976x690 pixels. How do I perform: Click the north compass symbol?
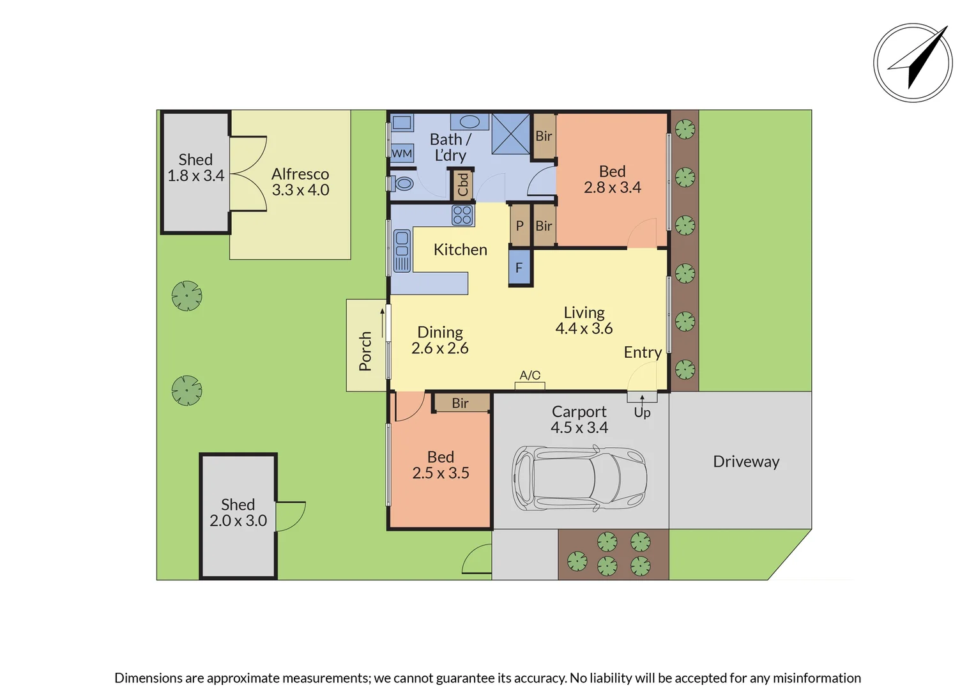point(913,63)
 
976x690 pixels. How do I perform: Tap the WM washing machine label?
point(402,153)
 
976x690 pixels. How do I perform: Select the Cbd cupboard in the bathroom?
point(462,185)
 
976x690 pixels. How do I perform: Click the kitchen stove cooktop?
point(462,215)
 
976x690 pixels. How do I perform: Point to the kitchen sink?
point(402,251)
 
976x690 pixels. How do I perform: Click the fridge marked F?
point(519,267)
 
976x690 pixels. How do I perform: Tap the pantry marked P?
point(520,226)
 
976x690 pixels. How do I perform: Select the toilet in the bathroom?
point(401,183)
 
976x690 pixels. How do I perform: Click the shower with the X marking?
point(510,134)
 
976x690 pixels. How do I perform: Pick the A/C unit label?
point(530,375)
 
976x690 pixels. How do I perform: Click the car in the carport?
point(579,478)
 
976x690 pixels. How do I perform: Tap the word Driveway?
point(746,462)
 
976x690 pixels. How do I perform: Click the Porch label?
point(365,351)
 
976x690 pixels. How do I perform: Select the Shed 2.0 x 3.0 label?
point(238,512)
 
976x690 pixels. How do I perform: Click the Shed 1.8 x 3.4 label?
point(195,167)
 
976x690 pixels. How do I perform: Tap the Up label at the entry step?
point(642,412)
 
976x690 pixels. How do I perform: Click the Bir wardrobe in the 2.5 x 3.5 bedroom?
point(461,402)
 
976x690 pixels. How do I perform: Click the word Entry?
point(643,352)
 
